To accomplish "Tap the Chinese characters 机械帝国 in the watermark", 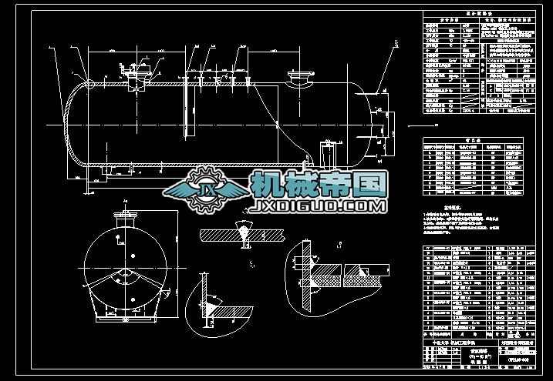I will pyautogui.click(x=318, y=185).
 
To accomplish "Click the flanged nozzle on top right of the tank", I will pyautogui.click(x=298, y=78).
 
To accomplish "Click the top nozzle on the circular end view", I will pyautogui.click(x=121, y=218).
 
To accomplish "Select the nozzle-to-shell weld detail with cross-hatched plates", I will pyautogui.click(x=339, y=273).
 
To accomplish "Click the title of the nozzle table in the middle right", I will pyautogui.click(x=471, y=142).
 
